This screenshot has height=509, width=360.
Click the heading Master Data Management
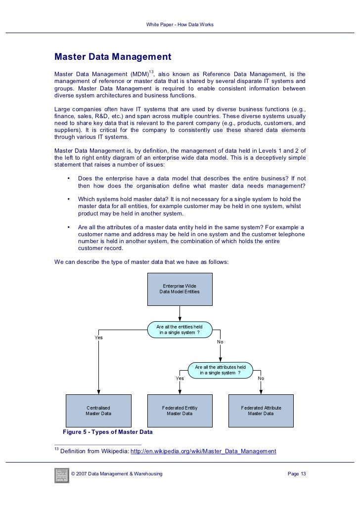click(113, 56)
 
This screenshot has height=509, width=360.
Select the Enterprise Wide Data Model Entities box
click(180, 289)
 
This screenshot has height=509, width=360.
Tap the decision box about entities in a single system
click(180, 330)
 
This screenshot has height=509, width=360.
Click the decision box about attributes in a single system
click(220, 370)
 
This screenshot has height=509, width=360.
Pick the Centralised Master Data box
click(98, 411)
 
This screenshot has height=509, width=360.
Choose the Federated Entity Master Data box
click(180, 411)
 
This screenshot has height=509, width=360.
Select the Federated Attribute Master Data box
click(261, 411)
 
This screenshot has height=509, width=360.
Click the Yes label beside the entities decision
click(99, 338)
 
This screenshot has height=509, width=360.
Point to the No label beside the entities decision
click(220, 342)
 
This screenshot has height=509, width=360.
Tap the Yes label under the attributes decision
click(180, 378)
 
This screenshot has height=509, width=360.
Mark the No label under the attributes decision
click(261, 378)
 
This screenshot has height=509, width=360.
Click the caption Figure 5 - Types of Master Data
click(107, 432)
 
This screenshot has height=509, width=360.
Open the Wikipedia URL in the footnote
click(203, 451)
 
